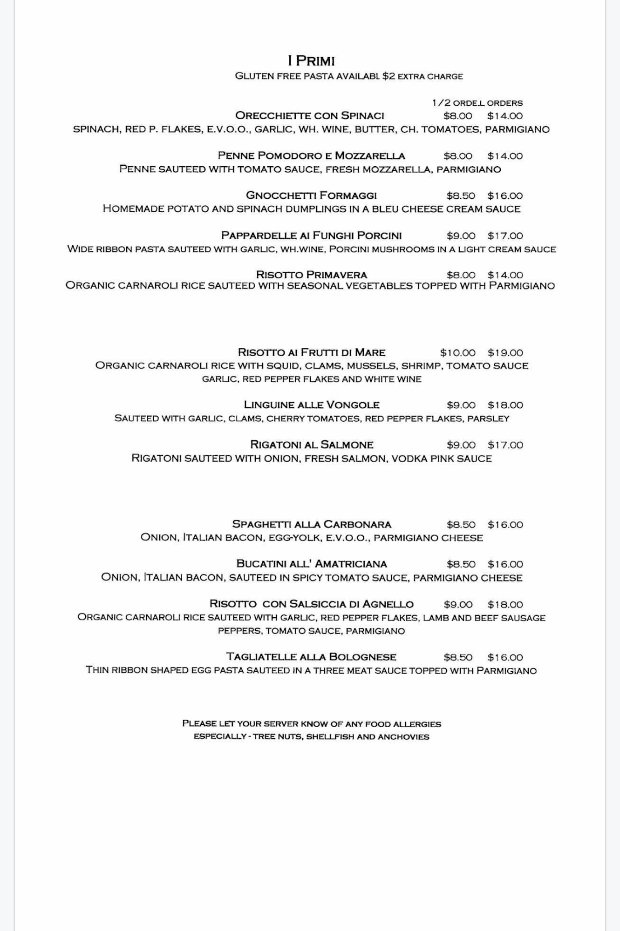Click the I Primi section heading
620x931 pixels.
(311, 61)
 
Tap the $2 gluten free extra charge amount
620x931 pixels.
(388, 76)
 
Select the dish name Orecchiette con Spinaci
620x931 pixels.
(310, 115)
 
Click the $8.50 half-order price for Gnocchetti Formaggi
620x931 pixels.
(461, 196)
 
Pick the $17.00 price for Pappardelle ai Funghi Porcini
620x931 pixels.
(505, 236)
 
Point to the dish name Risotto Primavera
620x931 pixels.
(312, 275)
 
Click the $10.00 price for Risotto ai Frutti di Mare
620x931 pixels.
(458, 353)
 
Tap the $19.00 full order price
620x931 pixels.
(505, 353)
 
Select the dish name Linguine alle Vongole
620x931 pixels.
(312, 405)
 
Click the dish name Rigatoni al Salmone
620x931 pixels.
(312, 445)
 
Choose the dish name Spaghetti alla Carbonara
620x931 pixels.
(312, 525)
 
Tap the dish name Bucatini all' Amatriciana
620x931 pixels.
(312, 564)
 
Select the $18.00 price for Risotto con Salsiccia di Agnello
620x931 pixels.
(505, 605)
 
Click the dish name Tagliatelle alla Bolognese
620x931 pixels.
(311, 657)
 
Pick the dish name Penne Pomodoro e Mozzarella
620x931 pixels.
(311, 156)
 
